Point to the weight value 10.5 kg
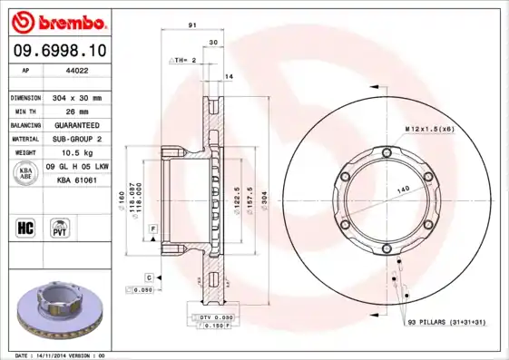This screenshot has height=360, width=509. (x=72, y=152)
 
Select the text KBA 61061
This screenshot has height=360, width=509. (x=78, y=181)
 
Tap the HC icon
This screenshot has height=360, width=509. (x=26, y=227)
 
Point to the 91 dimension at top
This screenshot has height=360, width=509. (x=192, y=26)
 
